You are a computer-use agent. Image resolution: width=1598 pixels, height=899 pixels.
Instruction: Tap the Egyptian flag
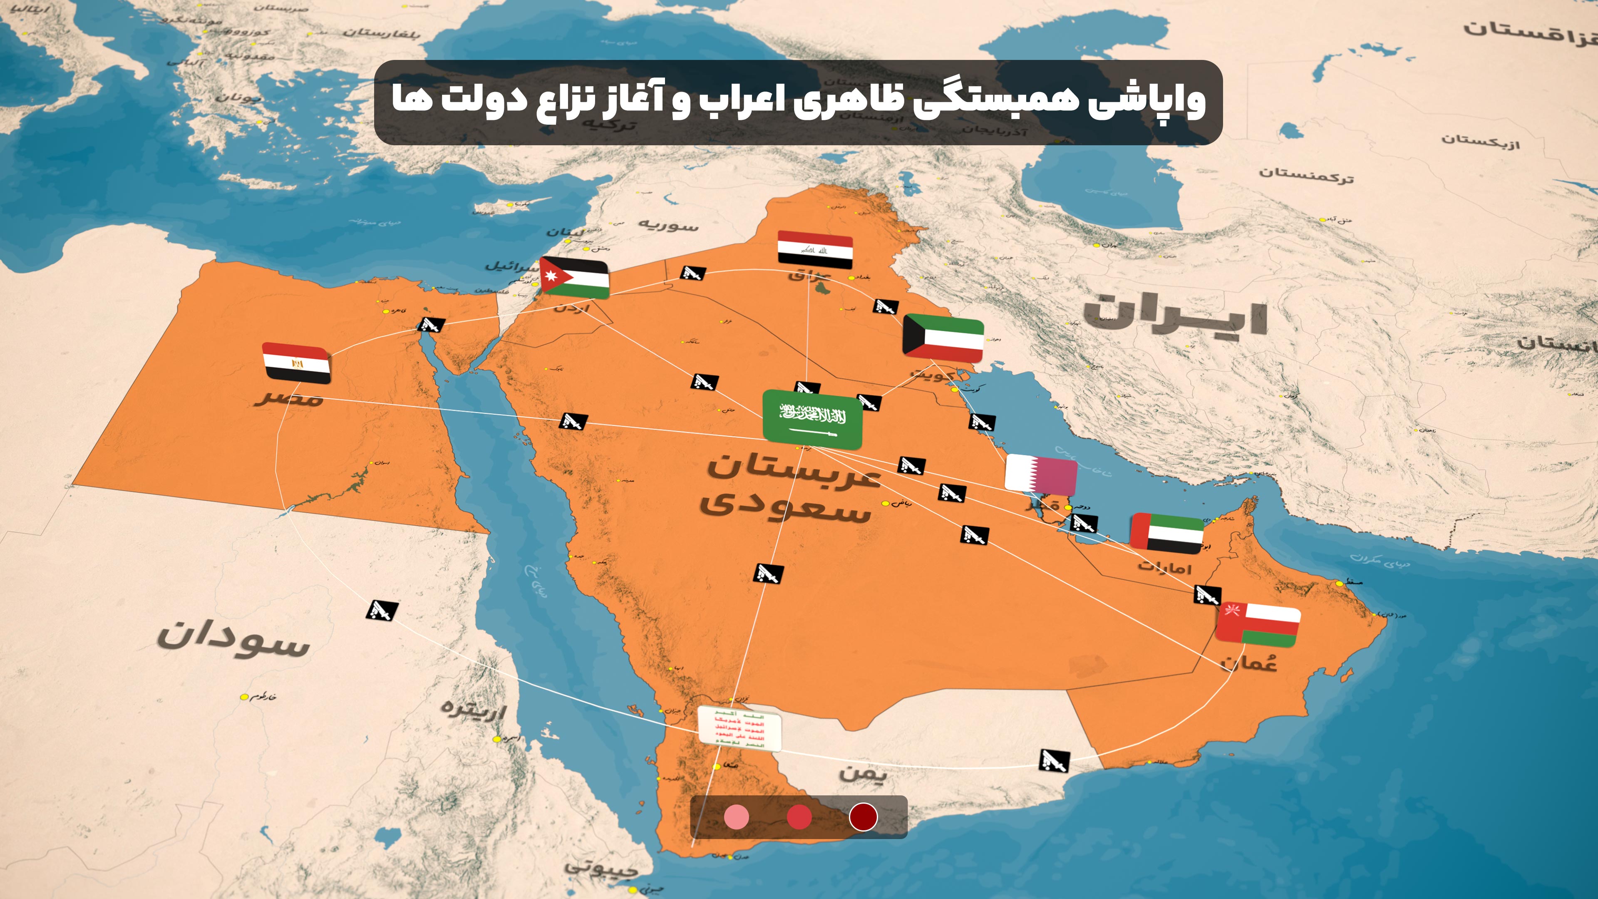(x=296, y=363)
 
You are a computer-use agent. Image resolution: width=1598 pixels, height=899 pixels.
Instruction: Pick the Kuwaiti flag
(x=943, y=338)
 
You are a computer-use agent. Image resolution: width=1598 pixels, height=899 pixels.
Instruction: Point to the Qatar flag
(x=1040, y=474)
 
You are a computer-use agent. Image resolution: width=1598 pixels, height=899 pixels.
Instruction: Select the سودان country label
(x=233, y=639)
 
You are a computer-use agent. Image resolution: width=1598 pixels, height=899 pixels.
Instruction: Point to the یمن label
(x=863, y=773)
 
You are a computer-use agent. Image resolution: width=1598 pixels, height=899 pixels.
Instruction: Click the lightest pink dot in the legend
(x=736, y=817)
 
